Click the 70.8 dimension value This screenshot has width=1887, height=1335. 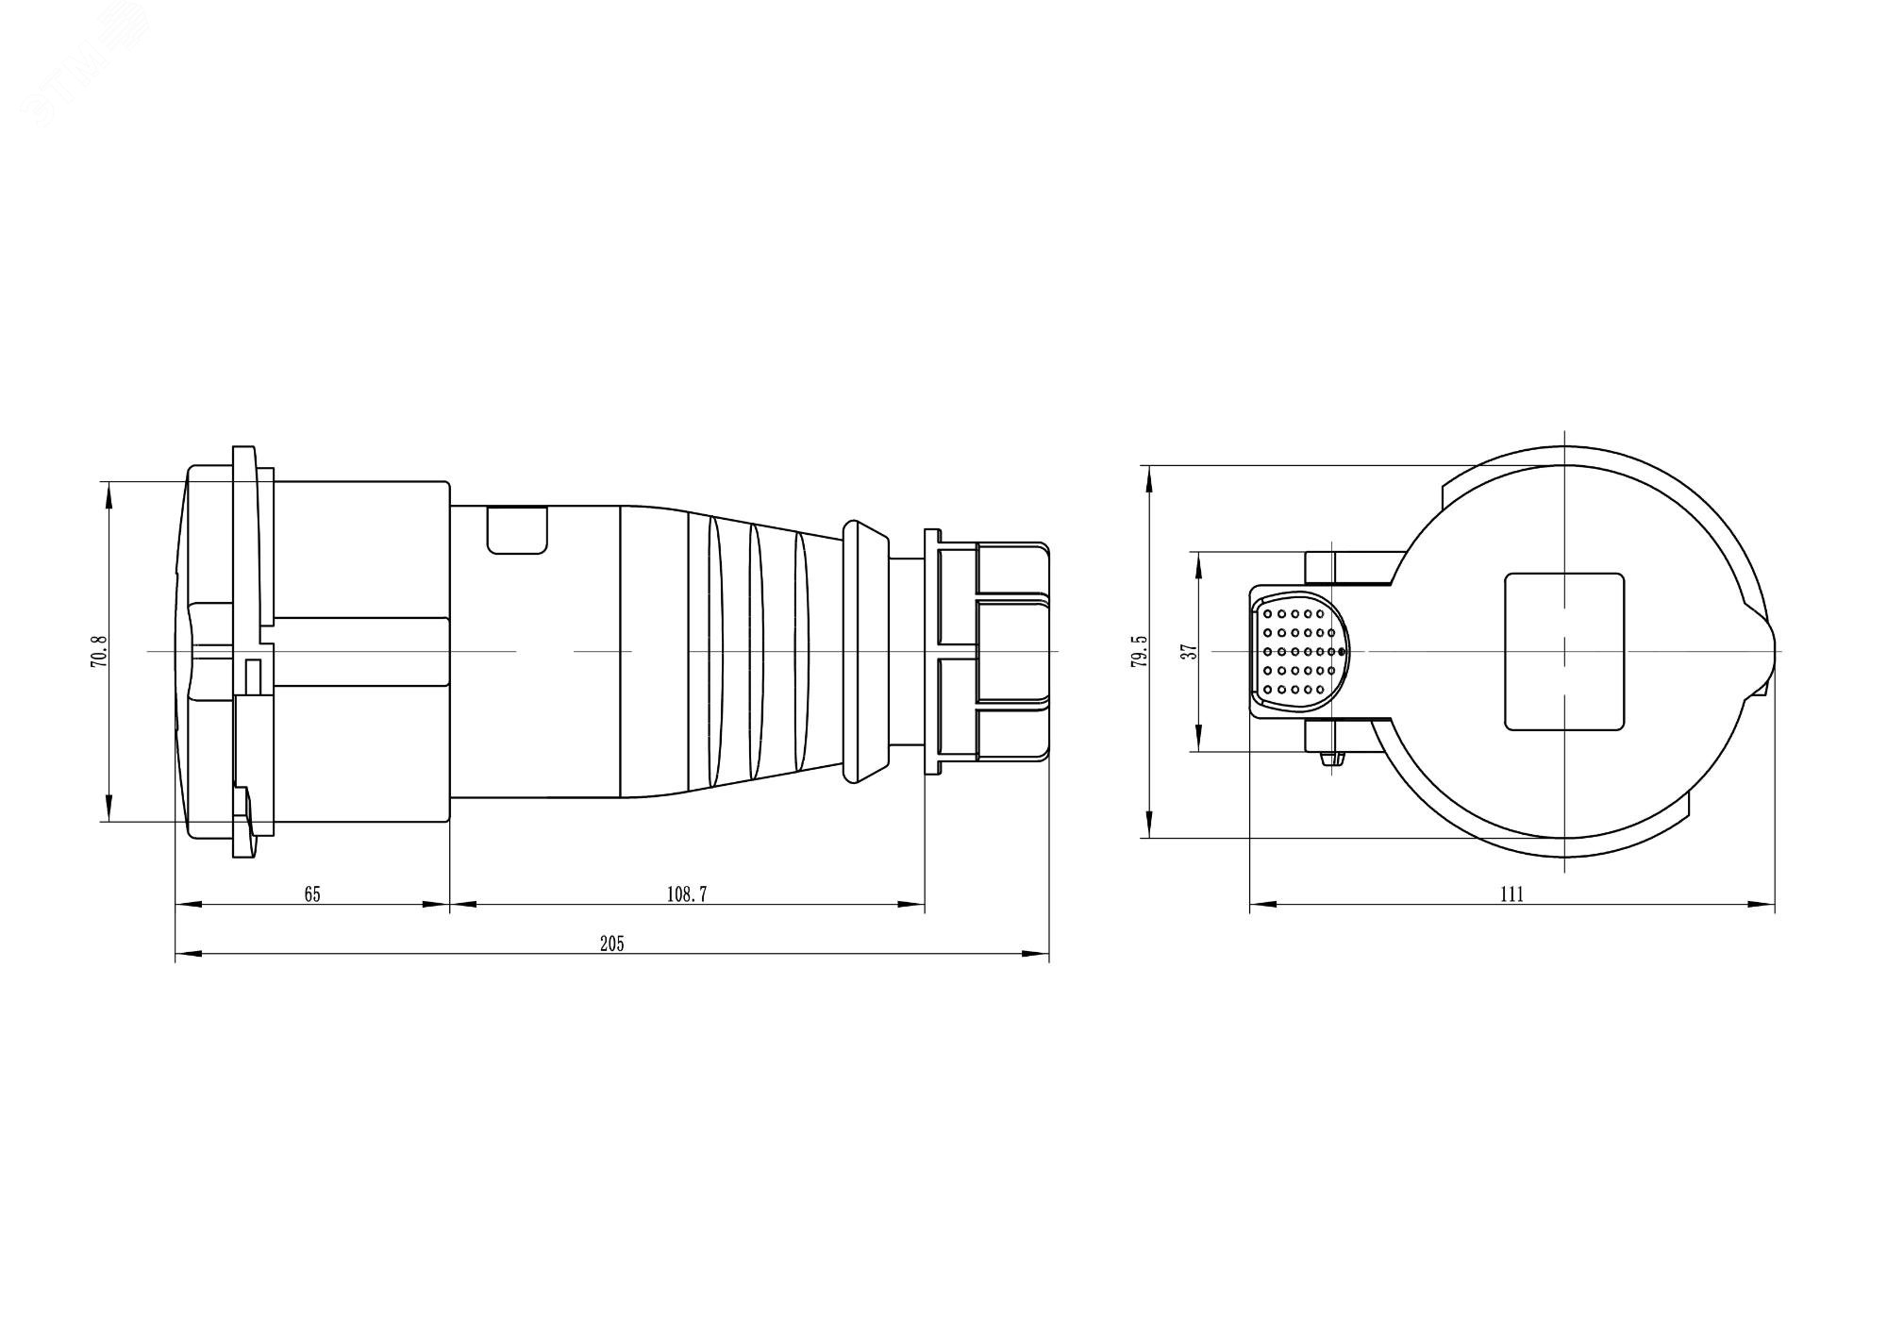pos(100,652)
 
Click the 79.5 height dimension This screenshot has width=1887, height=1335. pos(1141,652)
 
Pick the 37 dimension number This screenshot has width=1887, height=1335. pos(1190,651)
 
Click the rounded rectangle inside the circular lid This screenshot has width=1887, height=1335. pos(1563,652)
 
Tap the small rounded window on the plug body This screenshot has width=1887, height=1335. pos(517,529)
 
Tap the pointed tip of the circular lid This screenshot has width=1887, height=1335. pos(1772,651)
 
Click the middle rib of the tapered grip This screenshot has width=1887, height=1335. pos(755,651)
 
